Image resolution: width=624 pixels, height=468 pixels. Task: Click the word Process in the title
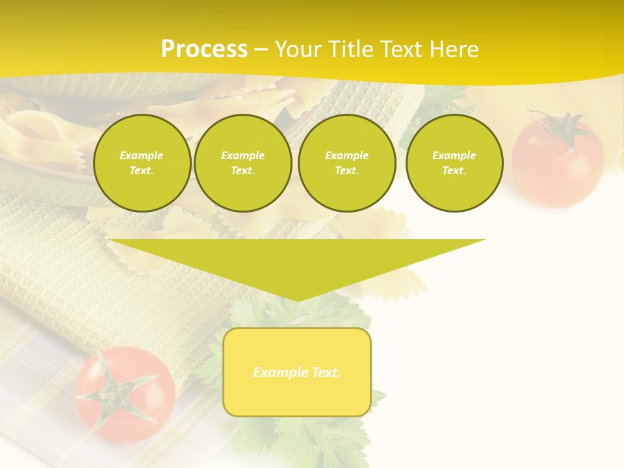204,49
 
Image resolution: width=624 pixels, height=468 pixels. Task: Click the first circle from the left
142,163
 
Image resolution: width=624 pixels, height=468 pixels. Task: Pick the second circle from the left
242,163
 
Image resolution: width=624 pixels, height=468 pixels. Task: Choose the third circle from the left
346,163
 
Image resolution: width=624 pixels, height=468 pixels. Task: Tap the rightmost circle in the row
454,163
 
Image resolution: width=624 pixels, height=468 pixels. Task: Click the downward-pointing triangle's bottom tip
297,300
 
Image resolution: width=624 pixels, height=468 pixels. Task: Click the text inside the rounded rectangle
297,372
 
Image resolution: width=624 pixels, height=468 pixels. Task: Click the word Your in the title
297,49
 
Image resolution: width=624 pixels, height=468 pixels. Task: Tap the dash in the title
261,50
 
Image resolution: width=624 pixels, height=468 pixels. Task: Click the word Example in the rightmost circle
454,155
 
